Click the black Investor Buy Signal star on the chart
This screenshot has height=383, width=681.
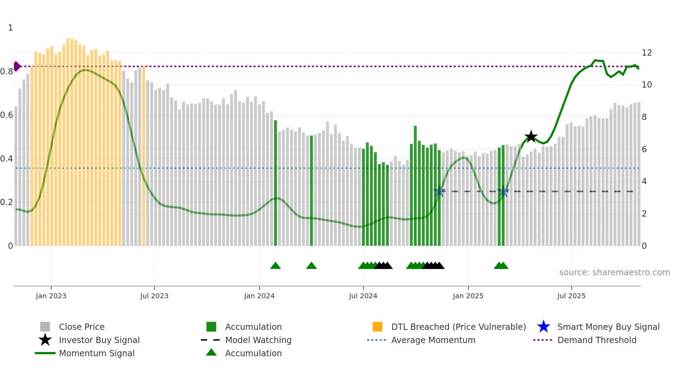[531, 137]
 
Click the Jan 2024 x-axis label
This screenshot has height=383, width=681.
[259, 296]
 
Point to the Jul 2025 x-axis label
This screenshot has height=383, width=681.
[571, 296]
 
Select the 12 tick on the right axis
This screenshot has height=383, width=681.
[647, 53]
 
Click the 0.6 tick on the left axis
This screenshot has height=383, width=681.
[7, 115]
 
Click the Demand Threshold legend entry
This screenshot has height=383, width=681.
[597, 340]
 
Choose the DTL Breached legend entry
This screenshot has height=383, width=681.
[458, 327]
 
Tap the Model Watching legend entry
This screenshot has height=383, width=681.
[258, 340]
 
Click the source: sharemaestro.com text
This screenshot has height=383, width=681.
[614, 272]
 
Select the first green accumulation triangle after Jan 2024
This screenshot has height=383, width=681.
[276, 266]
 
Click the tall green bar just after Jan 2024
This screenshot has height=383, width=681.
[276, 183]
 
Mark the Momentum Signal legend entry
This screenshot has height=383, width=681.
[97, 353]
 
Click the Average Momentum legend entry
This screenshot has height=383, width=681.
[433, 340]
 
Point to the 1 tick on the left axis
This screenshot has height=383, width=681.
[10, 28]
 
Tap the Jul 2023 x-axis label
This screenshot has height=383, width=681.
[154, 296]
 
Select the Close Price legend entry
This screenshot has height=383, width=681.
[82, 327]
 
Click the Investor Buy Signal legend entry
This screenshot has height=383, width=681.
[99, 340]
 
